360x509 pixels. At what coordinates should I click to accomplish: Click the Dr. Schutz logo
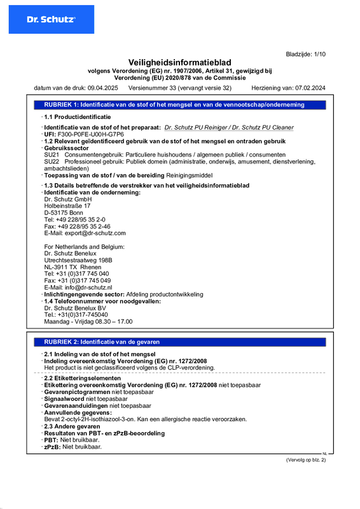pos(51,20)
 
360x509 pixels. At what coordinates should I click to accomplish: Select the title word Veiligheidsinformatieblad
pos(179,62)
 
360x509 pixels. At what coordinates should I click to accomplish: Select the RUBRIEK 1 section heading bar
pos(179,104)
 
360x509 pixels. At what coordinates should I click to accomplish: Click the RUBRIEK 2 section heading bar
pos(179,342)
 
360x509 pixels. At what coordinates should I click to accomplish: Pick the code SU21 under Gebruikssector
pos(52,155)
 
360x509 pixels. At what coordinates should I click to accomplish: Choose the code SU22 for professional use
pos(52,162)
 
